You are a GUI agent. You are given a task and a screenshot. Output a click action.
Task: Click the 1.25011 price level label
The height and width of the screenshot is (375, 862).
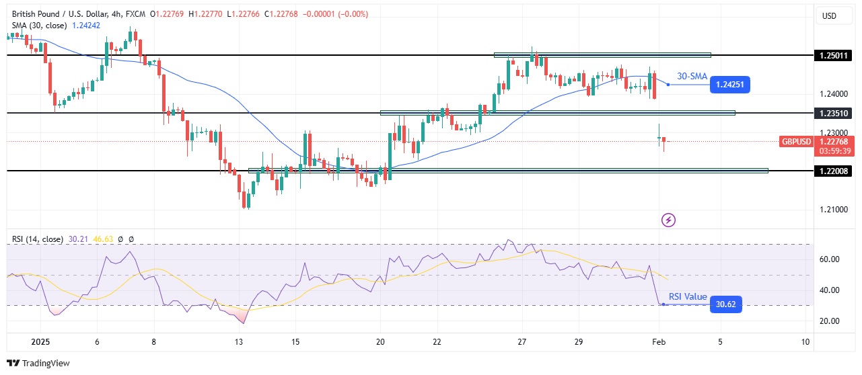[832, 55]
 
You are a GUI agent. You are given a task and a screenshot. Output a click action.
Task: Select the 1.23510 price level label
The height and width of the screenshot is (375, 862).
[832, 113]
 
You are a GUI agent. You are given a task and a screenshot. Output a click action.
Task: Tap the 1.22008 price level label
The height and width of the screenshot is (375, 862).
[832, 171]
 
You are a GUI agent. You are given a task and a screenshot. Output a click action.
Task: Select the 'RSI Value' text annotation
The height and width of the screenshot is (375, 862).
[687, 296]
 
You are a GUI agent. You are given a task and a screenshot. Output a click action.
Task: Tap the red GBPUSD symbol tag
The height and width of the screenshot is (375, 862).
[796, 142]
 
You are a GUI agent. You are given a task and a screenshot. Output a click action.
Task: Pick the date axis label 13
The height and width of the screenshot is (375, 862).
[239, 342]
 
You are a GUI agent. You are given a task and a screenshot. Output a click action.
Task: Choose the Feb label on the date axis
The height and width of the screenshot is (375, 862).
[660, 342]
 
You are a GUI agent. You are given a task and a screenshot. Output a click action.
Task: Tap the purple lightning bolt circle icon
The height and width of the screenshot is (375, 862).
[669, 220]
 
